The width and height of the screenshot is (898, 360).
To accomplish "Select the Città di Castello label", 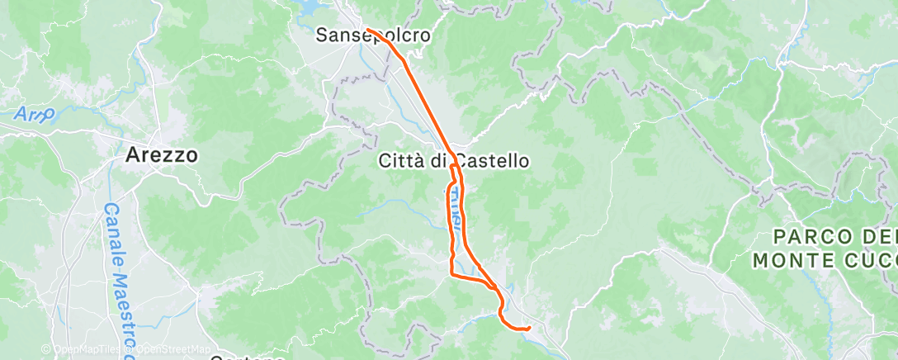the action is (x=453, y=161).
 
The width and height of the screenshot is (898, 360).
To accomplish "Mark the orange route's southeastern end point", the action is (x=527, y=329).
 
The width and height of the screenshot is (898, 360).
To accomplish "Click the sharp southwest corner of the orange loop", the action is (x=451, y=272).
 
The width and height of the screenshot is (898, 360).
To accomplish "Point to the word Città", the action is (x=401, y=161).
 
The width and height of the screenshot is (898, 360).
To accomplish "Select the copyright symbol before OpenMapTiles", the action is (x=46, y=349).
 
